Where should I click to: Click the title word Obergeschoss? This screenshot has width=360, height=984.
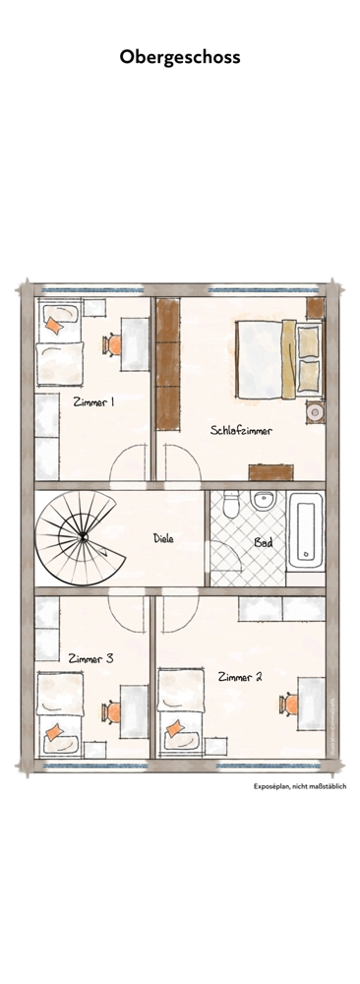pyautogui.click(x=180, y=58)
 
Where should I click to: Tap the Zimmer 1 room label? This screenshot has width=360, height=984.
pyautogui.click(x=93, y=401)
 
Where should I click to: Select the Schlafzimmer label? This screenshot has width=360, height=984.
pyautogui.click(x=240, y=430)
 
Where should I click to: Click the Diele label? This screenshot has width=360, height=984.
pyautogui.click(x=163, y=538)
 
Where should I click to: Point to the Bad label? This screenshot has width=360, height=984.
pyautogui.click(x=263, y=542)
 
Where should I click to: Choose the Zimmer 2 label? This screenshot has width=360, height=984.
pyautogui.click(x=239, y=676)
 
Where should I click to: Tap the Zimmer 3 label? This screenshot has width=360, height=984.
pyautogui.click(x=90, y=658)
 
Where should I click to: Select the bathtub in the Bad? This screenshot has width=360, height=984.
pyautogui.click(x=307, y=535)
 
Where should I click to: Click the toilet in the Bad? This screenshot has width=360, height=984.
pyautogui.click(x=227, y=504)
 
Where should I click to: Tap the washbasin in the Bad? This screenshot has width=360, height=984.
pyautogui.click(x=262, y=501)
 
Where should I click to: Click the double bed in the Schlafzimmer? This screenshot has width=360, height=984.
pyautogui.click(x=278, y=357)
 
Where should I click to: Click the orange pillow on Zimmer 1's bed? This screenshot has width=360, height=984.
pyautogui.click(x=54, y=327)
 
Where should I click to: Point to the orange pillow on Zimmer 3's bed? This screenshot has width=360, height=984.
pyautogui.click(x=56, y=729)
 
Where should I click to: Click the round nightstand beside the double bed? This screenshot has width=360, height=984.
pyautogui.click(x=315, y=412)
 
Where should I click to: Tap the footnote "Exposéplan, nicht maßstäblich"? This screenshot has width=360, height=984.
pyautogui.click(x=300, y=786)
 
